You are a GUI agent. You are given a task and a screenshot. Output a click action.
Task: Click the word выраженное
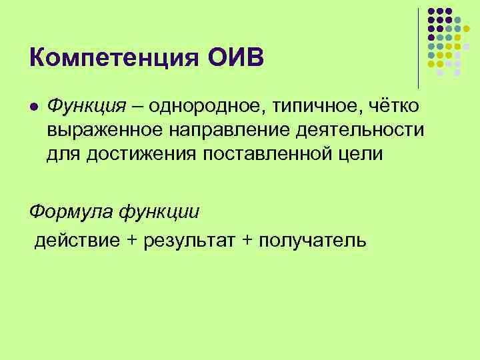[95, 131]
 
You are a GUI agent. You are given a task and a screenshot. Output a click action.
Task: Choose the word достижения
[127, 154]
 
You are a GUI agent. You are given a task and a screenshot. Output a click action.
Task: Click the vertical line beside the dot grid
[419, 47]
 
